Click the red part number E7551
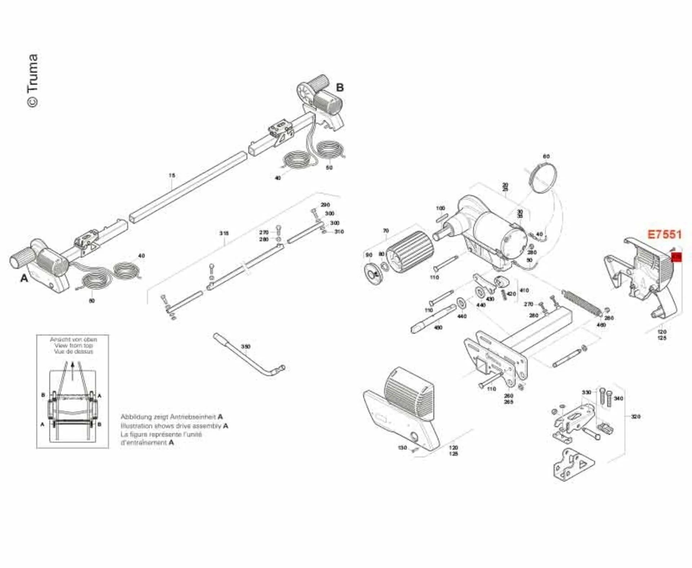[665, 234]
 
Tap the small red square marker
[677, 257]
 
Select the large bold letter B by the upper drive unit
[340, 88]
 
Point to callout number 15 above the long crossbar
[172, 175]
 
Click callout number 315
[224, 233]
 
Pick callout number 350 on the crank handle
[245, 346]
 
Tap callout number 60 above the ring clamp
[546, 156]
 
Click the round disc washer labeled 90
[373, 274]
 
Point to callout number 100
[440, 208]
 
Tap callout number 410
[524, 290]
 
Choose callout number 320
[635, 416]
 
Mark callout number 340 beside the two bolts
[618, 398]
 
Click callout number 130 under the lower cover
[403, 448]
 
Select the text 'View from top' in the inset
[74, 345]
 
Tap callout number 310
[339, 232]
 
